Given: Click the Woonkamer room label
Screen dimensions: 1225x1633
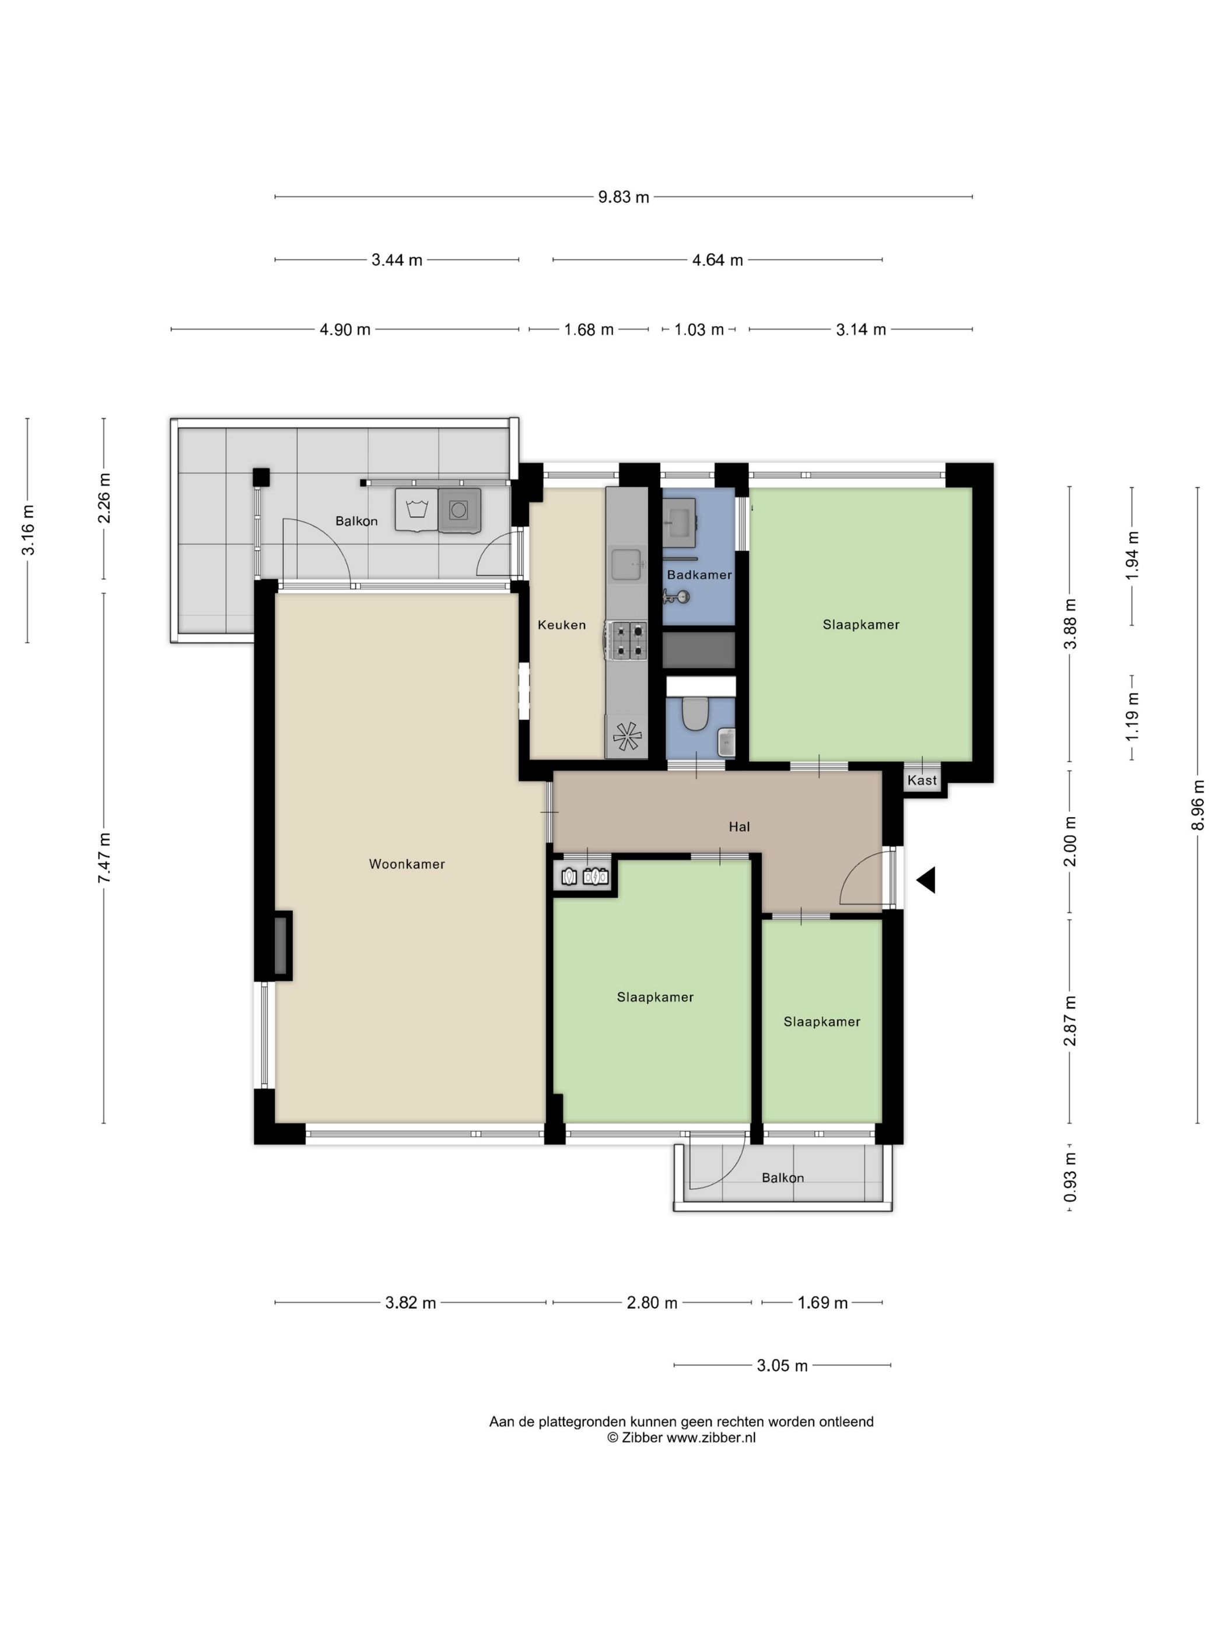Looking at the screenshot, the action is (407, 864).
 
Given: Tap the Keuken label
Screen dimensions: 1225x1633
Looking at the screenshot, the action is (561, 625).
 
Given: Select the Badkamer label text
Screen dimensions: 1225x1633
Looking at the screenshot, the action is (699, 574).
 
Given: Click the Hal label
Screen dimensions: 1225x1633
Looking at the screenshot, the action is (739, 827).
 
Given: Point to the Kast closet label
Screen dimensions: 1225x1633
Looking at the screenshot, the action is (922, 780).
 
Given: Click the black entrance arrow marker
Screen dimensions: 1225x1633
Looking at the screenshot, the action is (926, 880).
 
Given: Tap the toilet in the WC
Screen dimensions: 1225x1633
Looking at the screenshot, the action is (695, 714).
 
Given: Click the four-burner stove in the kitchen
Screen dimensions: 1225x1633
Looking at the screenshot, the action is (626, 640).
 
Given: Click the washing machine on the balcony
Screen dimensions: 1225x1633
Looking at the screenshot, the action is (459, 509).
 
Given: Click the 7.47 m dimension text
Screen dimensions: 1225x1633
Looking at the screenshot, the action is (104, 858).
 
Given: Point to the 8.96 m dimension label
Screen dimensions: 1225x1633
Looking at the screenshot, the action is (1198, 805).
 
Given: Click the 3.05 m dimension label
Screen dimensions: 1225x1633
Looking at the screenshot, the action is (782, 1366).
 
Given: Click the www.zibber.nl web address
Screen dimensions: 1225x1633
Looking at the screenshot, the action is (711, 1438).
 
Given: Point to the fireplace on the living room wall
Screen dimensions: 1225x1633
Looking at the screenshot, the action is (281, 946).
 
